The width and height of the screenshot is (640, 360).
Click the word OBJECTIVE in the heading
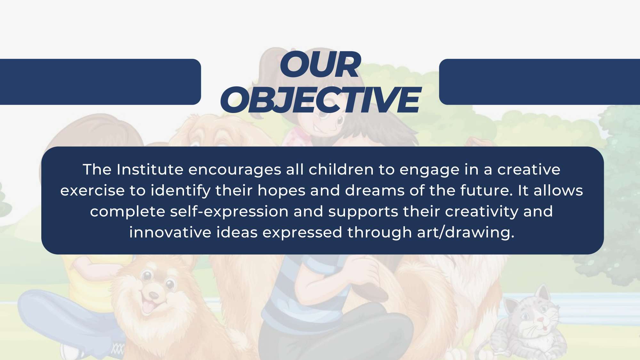(320, 100)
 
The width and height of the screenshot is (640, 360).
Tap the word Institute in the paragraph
(150, 169)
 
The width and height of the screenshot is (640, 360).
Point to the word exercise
(92, 190)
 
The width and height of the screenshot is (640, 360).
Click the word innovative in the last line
(170, 232)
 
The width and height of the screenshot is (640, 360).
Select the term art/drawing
(466, 233)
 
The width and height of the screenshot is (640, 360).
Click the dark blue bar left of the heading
(100, 82)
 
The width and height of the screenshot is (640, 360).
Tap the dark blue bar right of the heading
(540, 82)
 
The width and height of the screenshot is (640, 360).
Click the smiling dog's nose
(154, 295)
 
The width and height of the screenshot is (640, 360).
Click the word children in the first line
(341, 169)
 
